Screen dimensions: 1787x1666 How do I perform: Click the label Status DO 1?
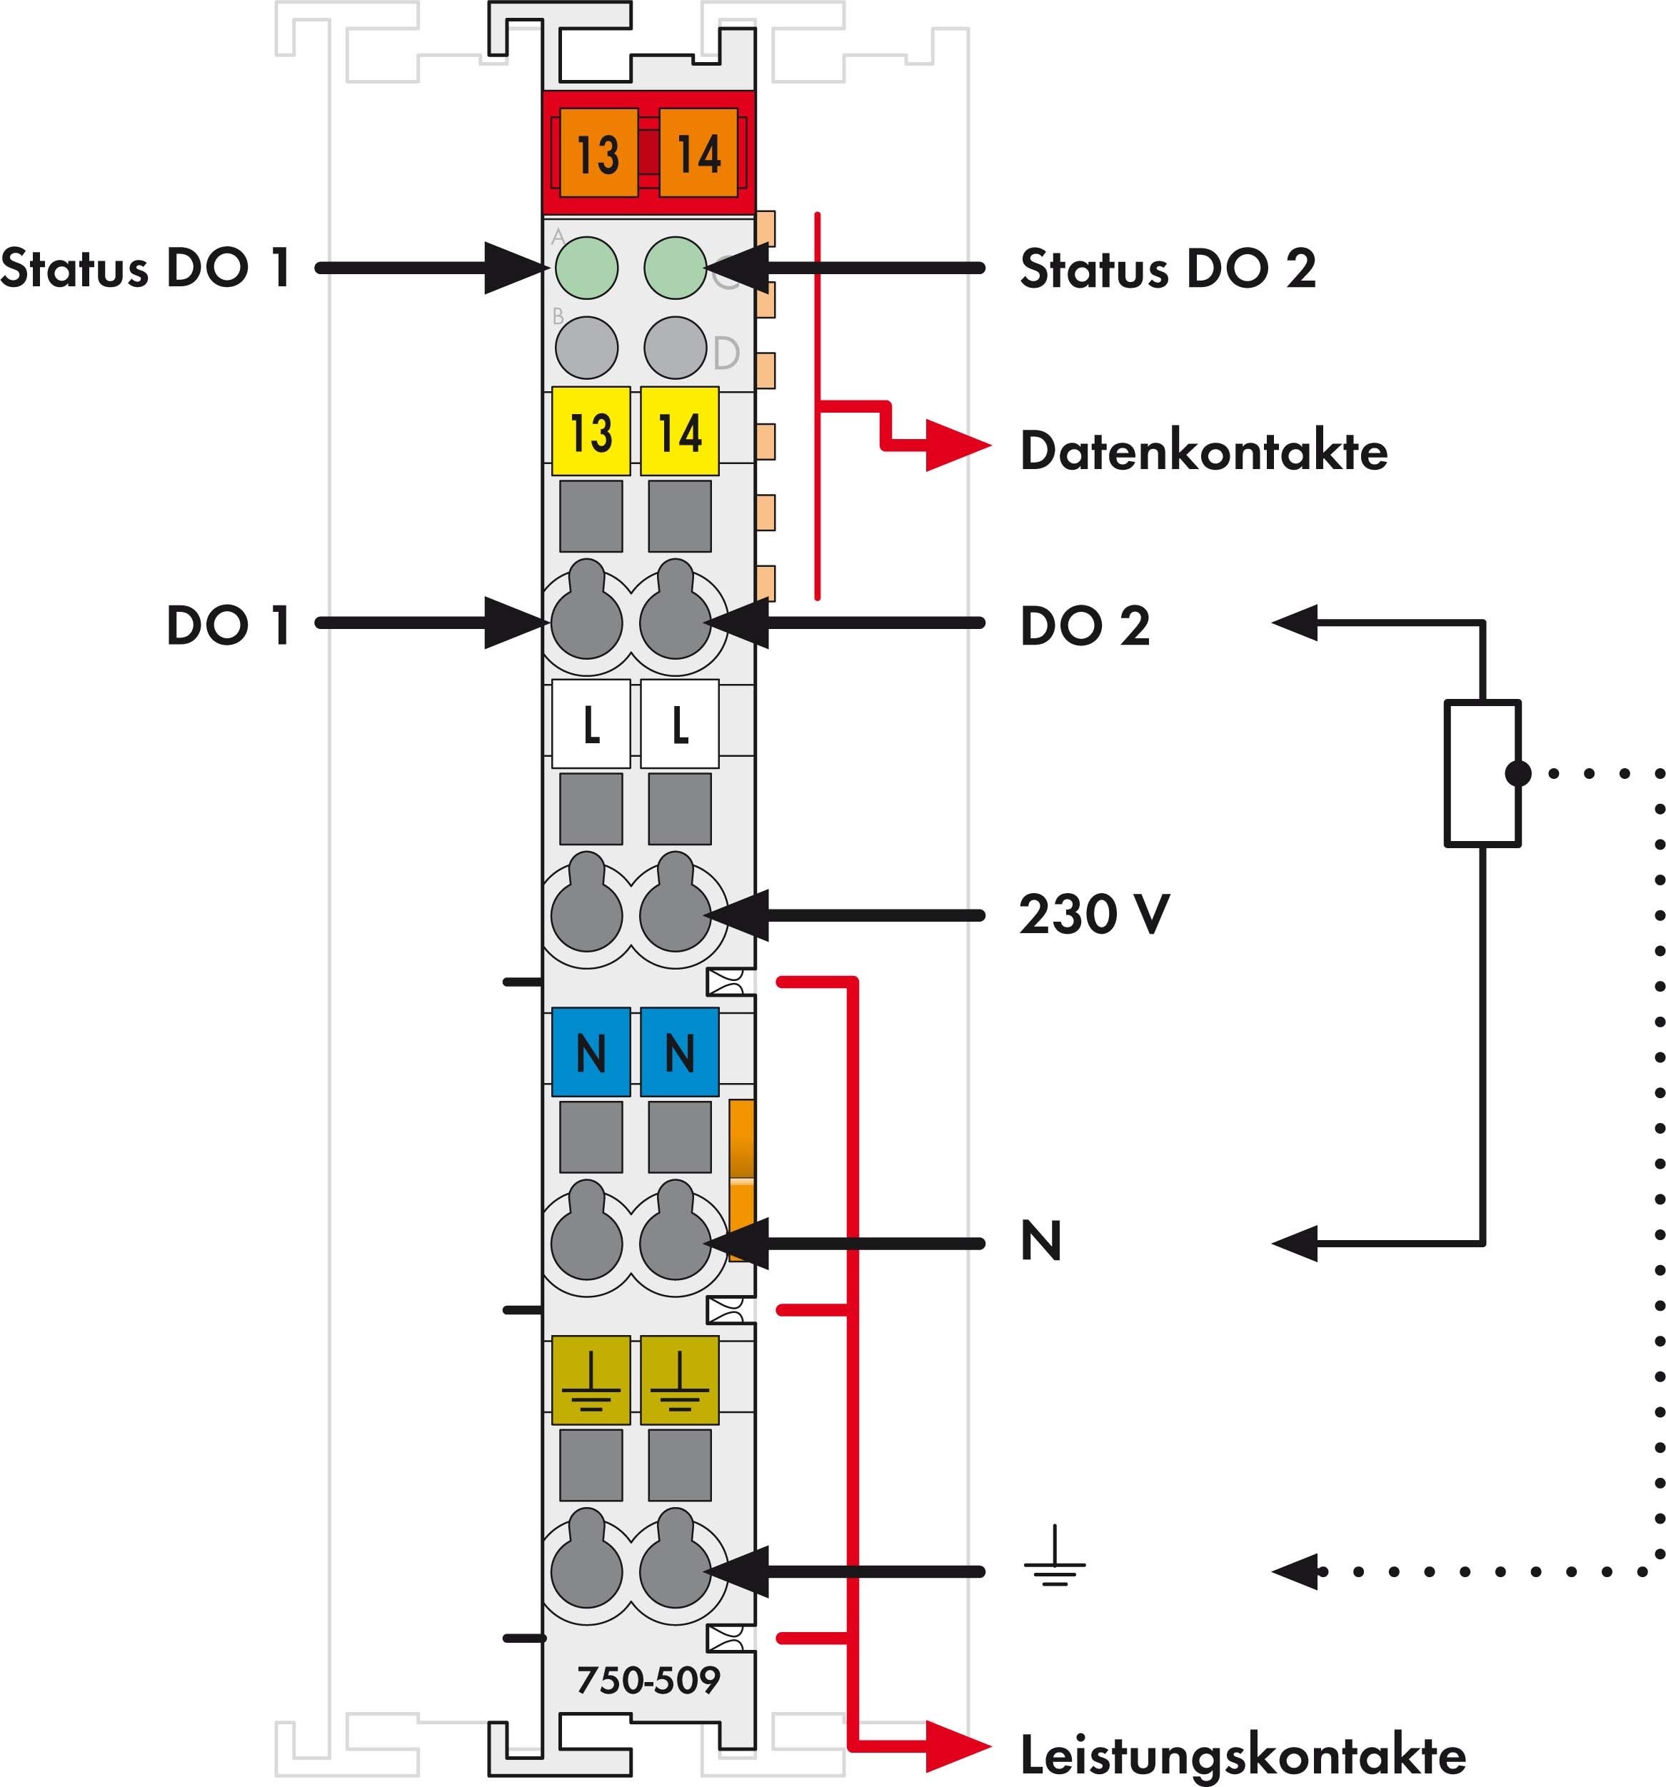[x=146, y=268]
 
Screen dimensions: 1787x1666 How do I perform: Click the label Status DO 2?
[x=1167, y=268]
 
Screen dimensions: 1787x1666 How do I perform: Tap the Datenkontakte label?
[x=1203, y=450]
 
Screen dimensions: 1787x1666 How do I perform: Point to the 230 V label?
[x=1094, y=914]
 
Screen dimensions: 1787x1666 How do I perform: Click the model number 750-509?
[x=648, y=1679]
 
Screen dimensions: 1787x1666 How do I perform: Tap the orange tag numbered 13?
[x=598, y=153]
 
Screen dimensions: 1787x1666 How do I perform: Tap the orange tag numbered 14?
[x=698, y=153]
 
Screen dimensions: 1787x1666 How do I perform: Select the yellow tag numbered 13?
[x=591, y=431]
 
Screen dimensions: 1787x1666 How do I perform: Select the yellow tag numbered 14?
[x=680, y=431]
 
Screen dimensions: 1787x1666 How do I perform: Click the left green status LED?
[x=586, y=268]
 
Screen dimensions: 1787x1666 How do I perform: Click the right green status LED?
[x=676, y=268]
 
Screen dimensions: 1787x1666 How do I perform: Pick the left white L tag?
[x=591, y=725]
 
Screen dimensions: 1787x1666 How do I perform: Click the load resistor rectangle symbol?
[x=1482, y=774]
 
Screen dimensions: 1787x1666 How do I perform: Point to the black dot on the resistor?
[x=1517, y=773]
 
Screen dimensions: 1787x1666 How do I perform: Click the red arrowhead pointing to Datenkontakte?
[x=957, y=445]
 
